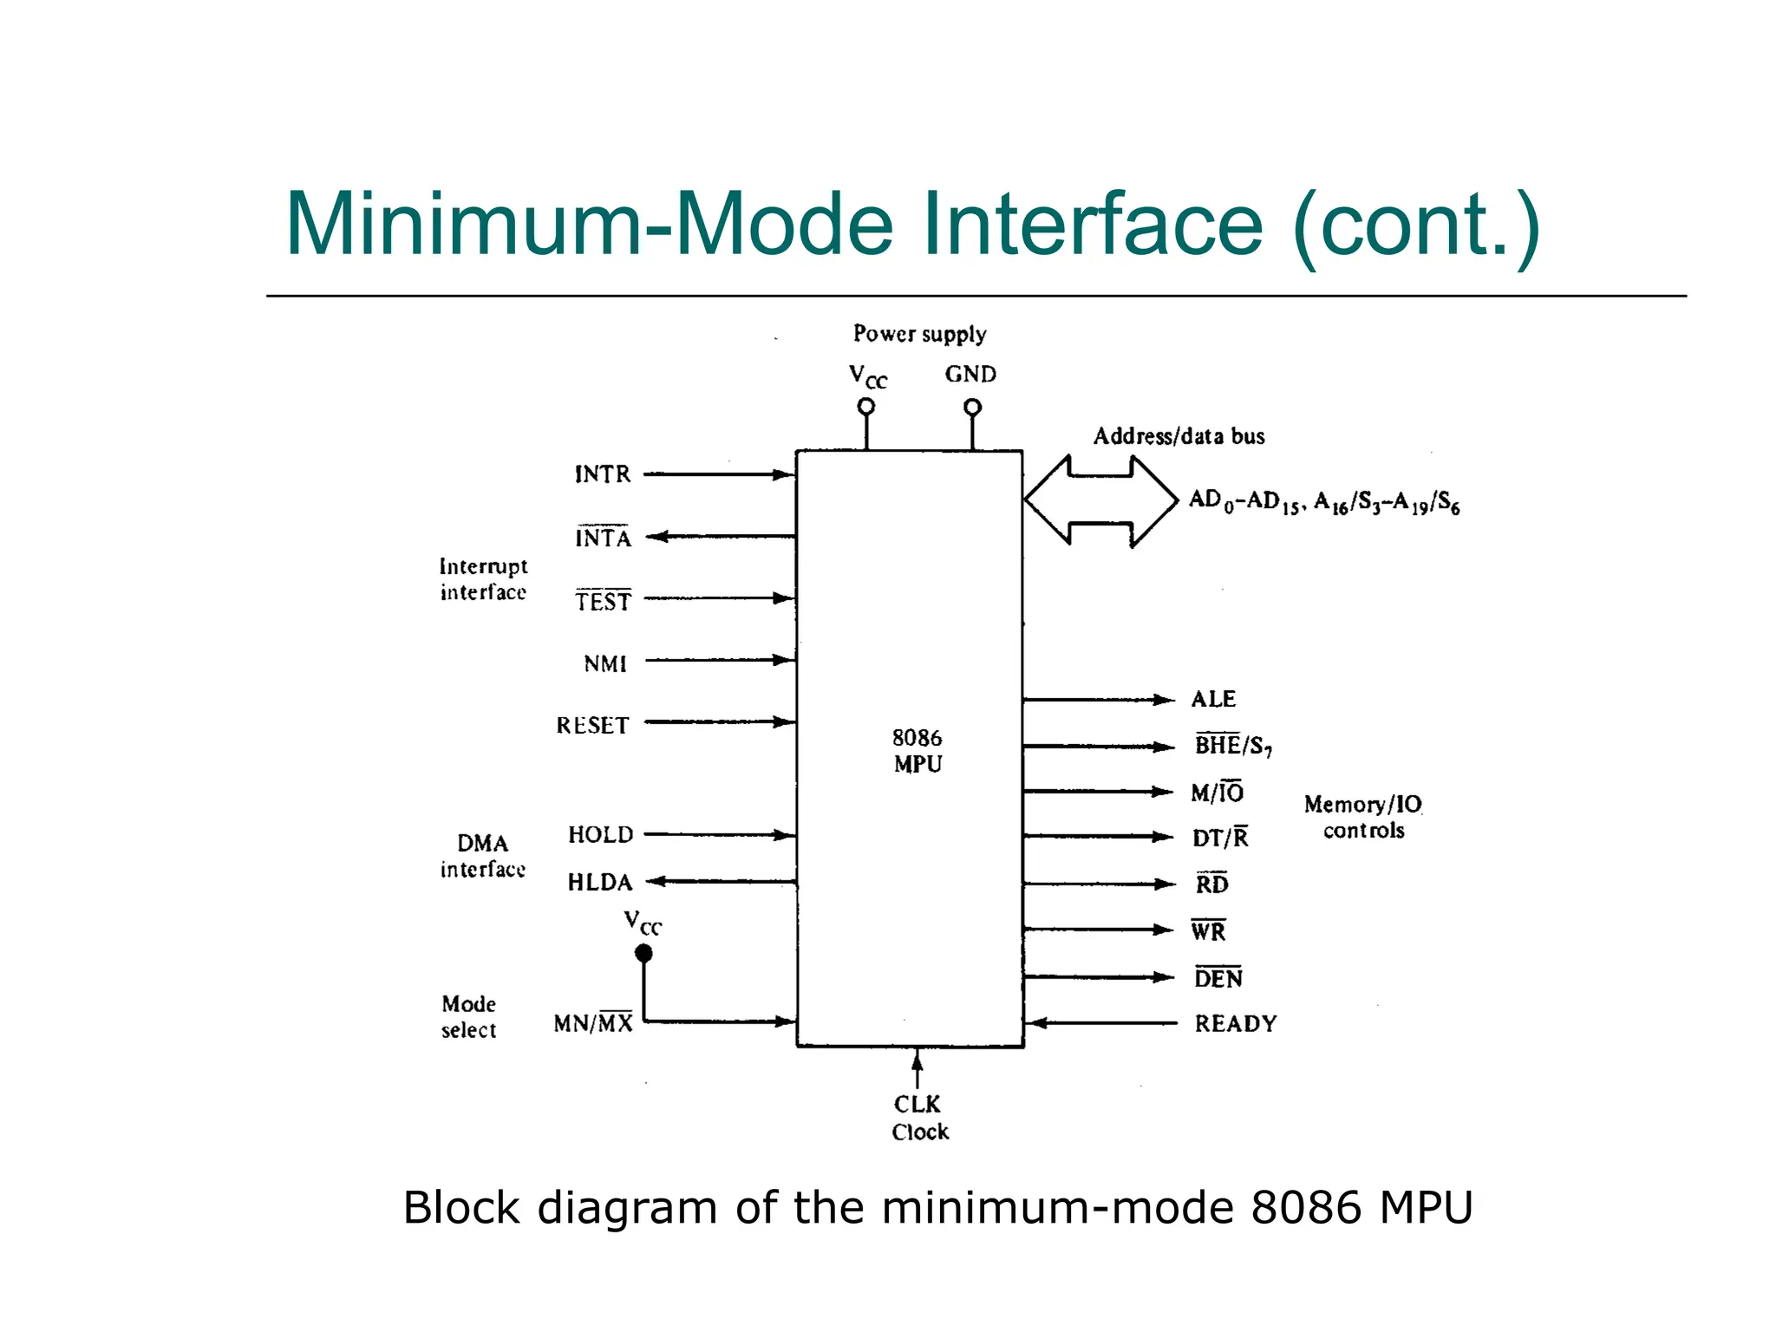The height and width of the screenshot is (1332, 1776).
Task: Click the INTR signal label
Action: [x=603, y=474]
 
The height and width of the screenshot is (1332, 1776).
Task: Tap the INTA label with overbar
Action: [x=604, y=538]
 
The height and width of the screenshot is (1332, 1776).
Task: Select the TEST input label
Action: [x=604, y=600]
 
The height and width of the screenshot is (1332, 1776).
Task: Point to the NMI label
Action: [x=605, y=663]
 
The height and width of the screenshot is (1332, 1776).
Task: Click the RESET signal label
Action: [x=592, y=725]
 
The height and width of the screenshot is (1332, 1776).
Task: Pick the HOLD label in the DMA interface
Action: [x=600, y=834]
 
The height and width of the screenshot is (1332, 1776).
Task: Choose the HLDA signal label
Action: [x=600, y=882]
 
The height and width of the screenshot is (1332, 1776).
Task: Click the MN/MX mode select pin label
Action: [x=593, y=1022]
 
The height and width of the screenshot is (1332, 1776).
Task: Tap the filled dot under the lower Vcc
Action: [x=643, y=954]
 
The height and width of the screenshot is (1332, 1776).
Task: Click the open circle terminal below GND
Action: [x=972, y=407]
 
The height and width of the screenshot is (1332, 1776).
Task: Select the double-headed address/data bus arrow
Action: [x=1100, y=501]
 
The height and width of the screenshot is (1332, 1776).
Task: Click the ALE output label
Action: [x=1213, y=699]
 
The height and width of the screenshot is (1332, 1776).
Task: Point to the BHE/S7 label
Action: [x=1232, y=745]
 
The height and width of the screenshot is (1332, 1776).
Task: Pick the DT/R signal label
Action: [x=1220, y=838]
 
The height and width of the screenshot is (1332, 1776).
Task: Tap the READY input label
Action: [x=1235, y=1023]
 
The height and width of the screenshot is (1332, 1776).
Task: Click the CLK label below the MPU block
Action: [x=917, y=1104]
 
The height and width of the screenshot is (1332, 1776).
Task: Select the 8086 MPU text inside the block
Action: [x=917, y=750]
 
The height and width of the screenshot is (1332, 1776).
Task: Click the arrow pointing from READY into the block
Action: [x=1101, y=1023]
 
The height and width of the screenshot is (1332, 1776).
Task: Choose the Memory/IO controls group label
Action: [x=1362, y=817]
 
